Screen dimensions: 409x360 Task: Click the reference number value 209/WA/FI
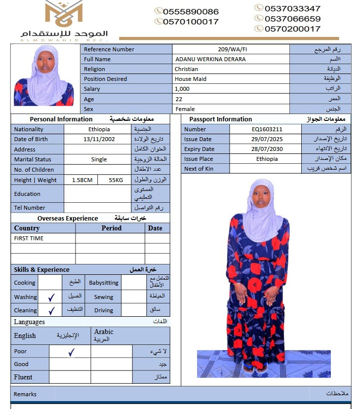tap(231, 49)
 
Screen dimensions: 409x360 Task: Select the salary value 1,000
tap(182, 89)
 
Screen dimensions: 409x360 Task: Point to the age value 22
tap(178, 99)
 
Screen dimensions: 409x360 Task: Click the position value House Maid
tap(190, 79)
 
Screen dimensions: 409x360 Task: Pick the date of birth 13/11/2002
tap(99, 139)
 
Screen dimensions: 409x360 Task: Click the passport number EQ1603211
tap(267, 129)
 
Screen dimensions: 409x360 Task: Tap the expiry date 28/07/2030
tap(267, 149)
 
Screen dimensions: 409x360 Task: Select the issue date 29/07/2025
tap(267, 139)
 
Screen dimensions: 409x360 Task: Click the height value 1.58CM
tap(82, 180)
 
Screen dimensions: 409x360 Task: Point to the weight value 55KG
tap(116, 180)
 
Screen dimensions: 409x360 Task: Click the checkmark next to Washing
tap(51, 297)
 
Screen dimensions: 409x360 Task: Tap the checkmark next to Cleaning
tap(51, 310)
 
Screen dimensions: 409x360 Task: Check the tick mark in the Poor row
tap(71, 352)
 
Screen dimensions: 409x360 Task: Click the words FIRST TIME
tap(29, 238)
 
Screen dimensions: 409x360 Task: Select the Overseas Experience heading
tap(68, 218)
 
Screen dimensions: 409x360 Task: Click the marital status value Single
tap(99, 159)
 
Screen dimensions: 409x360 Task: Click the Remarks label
tap(25, 394)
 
